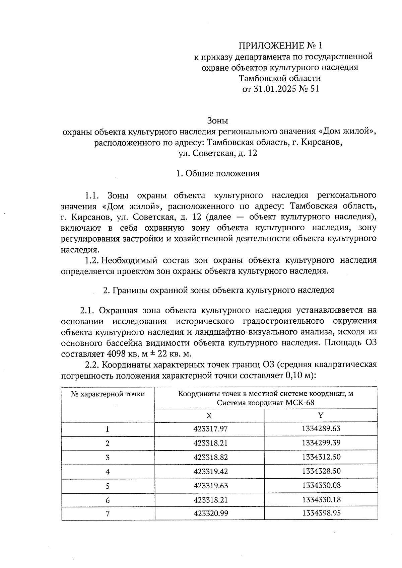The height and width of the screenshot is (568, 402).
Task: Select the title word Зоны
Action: [x=218, y=120]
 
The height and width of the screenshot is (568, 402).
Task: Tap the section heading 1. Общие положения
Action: [x=218, y=173]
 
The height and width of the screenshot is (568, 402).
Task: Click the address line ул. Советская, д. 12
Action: [x=218, y=153]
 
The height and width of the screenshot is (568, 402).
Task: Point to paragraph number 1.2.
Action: [x=91, y=260]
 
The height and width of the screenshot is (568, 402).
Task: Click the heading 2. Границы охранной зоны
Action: [x=218, y=290]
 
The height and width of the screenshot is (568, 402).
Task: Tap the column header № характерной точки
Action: [x=108, y=394]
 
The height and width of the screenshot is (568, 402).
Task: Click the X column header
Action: [x=209, y=416]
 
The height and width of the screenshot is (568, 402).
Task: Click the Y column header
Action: [x=321, y=416]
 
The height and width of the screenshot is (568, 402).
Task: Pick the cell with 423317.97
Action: [x=210, y=429]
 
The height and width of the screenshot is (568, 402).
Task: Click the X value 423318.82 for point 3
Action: [x=210, y=457]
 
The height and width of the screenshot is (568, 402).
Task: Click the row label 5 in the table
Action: [x=108, y=486]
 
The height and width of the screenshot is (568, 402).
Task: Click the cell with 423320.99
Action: [x=210, y=513]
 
